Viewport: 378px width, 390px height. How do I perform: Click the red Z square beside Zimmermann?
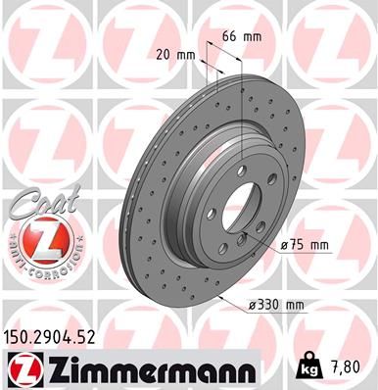click(24, 370)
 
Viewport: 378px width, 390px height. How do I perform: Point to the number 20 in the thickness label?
click(163, 54)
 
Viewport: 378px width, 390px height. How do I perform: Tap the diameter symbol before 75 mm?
click(285, 246)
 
